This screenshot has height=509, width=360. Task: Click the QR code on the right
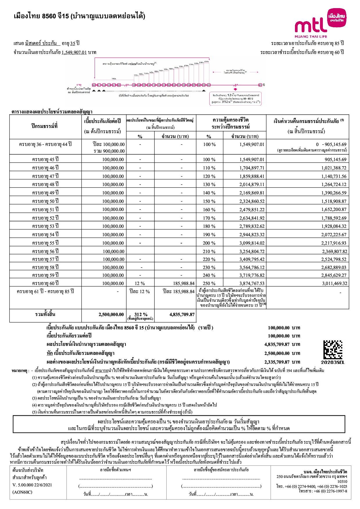click(x=333, y=350)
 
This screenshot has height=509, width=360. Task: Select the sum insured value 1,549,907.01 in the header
click(x=74, y=53)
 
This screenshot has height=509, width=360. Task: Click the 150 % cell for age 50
click(x=209, y=201)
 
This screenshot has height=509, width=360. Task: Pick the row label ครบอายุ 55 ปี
click(x=45, y=243)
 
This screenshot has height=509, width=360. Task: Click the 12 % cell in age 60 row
click(x=140, y=283)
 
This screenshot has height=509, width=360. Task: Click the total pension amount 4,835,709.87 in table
click(x=182, y=314)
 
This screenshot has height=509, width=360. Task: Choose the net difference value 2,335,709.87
click(x=277, y=362)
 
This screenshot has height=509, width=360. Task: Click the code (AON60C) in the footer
click(x=22, y=492)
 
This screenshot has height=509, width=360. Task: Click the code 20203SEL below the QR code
click(x=333, y=362)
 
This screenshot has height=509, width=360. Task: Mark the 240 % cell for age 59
click(x=209, y=275)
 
